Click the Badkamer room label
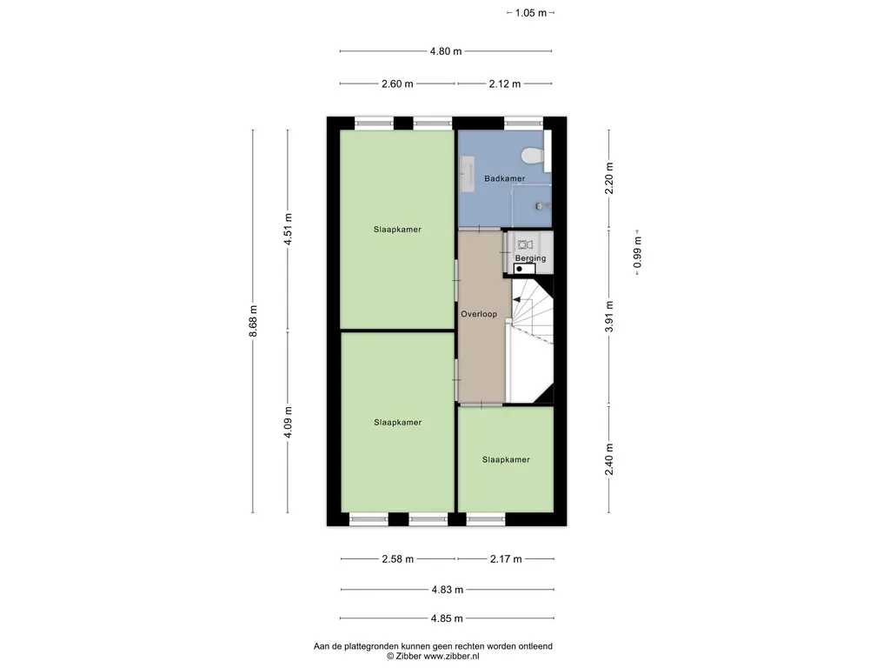tap(505, 178)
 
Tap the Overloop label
tap(479, 314)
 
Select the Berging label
tap(531, 257)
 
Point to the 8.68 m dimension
tap(253, 321)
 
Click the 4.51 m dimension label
tap(288, 229)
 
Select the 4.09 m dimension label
tap(288, 422)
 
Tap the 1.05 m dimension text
tap(531, 13)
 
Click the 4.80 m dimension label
tap(446, 51)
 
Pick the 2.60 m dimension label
tap(397, 84)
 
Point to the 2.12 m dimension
tap(505, 84)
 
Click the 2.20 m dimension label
tap(609, 178)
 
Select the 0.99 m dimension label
tap(637, 252)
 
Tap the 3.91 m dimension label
tap(609, 317)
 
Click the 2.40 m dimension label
tap(609, 459)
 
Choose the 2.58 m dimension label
tap(397, 559)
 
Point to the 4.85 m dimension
tap(447, 618)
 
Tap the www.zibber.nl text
tap(451, 656)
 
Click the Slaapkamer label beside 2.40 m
tap(506, 459)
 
